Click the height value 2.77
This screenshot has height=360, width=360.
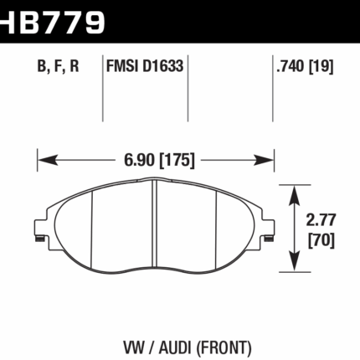(x=321, y=221)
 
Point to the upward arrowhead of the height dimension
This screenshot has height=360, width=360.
(x=295, y=193)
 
